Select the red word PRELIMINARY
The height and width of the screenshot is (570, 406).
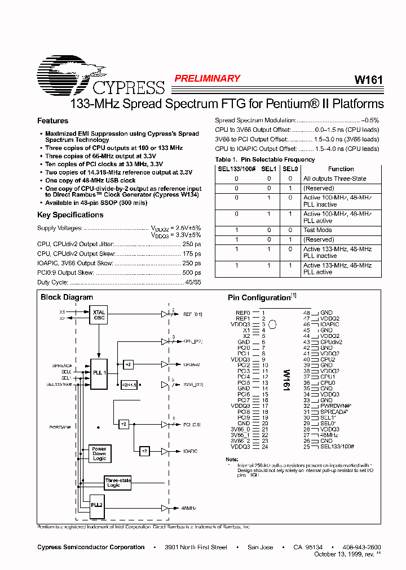click(x=207, y=79)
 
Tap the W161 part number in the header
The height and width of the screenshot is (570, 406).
click(x=368, y=80)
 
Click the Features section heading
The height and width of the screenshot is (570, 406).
click(x=52, y=121)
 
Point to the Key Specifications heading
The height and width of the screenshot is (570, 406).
click(x=70, y=215)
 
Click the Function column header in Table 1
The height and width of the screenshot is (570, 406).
click(x=341, y=169)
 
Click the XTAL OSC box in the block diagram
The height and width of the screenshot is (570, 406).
click(x=99, y=315)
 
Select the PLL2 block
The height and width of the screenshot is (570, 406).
click(x=97, y=505)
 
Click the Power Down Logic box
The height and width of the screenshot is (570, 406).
click(x=99, y=453)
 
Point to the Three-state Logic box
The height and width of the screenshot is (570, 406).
click(x=117, y=483)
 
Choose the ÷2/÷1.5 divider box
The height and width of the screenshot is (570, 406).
click(x=129, y=385)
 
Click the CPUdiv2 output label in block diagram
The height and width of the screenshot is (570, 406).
click(x=192, y=364)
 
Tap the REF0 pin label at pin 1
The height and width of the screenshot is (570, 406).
click(x=242, y=313)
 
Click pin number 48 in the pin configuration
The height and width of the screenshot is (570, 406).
click(x=306, y=313)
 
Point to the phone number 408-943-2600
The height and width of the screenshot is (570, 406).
click(x=361, y=547)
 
